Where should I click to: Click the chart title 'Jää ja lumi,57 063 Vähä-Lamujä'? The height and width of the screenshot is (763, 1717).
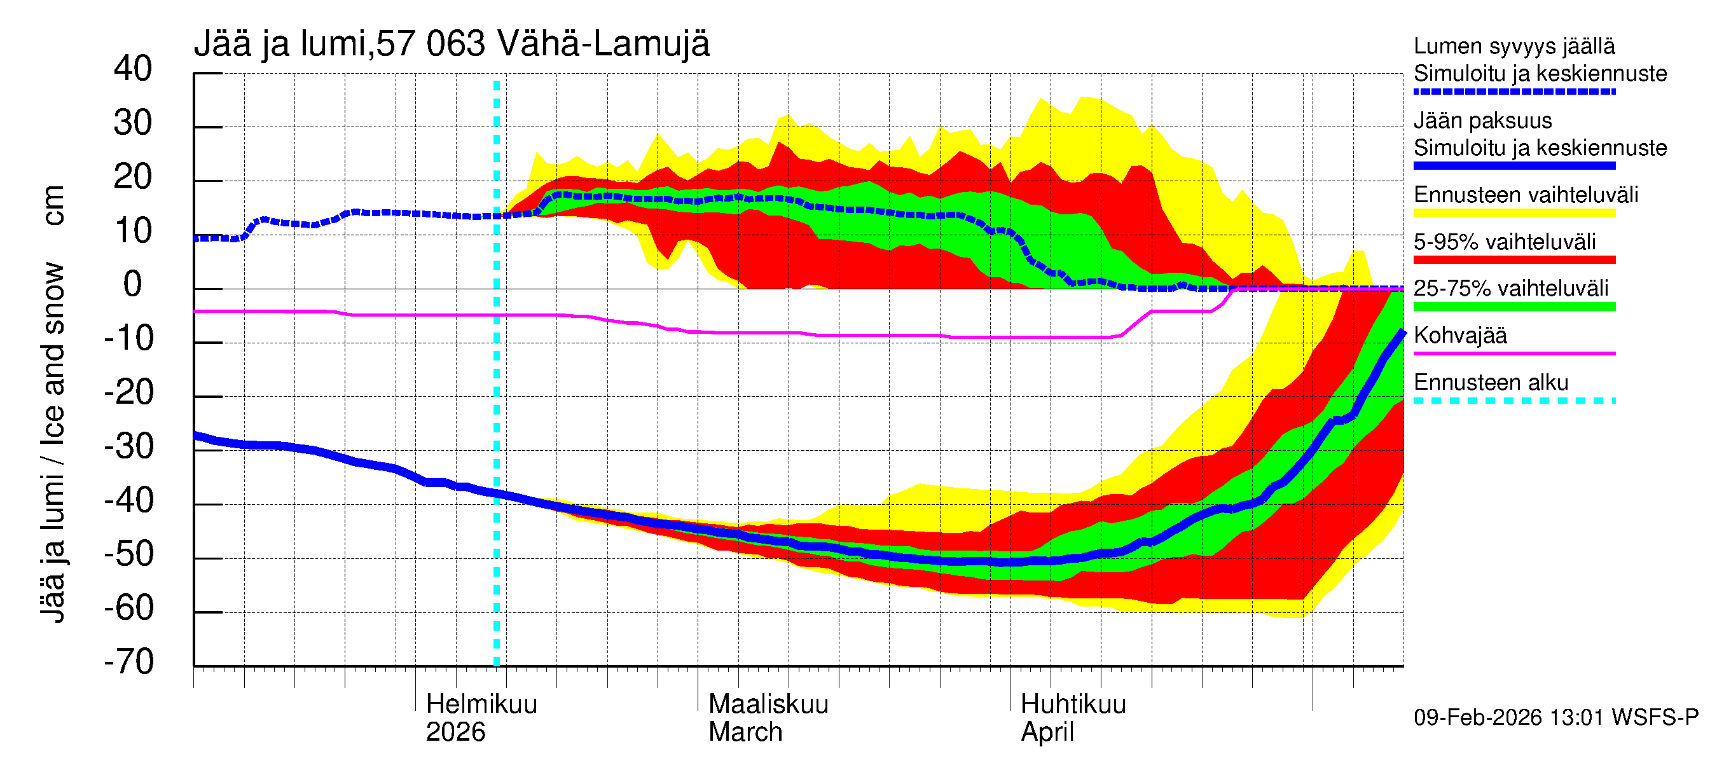[x=452, y=44]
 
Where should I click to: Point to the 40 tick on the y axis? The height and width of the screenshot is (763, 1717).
[x=133, y=69]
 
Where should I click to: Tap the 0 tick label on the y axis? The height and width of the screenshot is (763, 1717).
[x=133, y=285]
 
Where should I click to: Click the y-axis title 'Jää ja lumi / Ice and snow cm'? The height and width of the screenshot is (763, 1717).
[x=53, y=404]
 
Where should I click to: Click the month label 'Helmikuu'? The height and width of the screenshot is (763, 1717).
[x=481, y=705]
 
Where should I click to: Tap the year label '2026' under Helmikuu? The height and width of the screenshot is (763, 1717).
[x=455, y=732]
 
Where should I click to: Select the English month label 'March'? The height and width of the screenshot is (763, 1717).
[x=745, y=732]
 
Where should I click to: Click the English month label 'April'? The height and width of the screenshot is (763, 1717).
[x=1047, y=732]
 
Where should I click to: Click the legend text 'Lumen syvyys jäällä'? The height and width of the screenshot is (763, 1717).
[x=1514, y=46]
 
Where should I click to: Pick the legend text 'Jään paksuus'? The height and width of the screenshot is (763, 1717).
[x=1482, y=121]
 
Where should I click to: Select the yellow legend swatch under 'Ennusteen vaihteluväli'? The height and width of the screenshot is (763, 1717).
[x=1514, y=213]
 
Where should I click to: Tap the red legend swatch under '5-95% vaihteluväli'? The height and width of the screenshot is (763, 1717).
[x=1514, y=260]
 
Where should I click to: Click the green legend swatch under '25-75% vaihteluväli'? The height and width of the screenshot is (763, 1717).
[x=1514, y=306]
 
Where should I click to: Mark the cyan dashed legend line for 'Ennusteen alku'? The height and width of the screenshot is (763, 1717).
[x=1514, y=401]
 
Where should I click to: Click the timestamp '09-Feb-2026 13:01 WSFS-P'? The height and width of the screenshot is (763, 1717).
[x=1555, y=718]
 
